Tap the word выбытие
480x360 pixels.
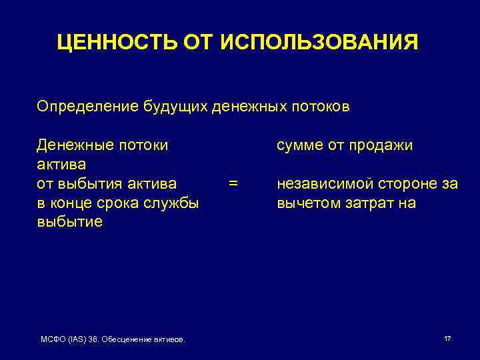[69, 222]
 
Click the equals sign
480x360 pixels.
[233, 183]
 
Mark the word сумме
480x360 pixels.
[299, 145]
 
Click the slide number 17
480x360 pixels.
[447, 339]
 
